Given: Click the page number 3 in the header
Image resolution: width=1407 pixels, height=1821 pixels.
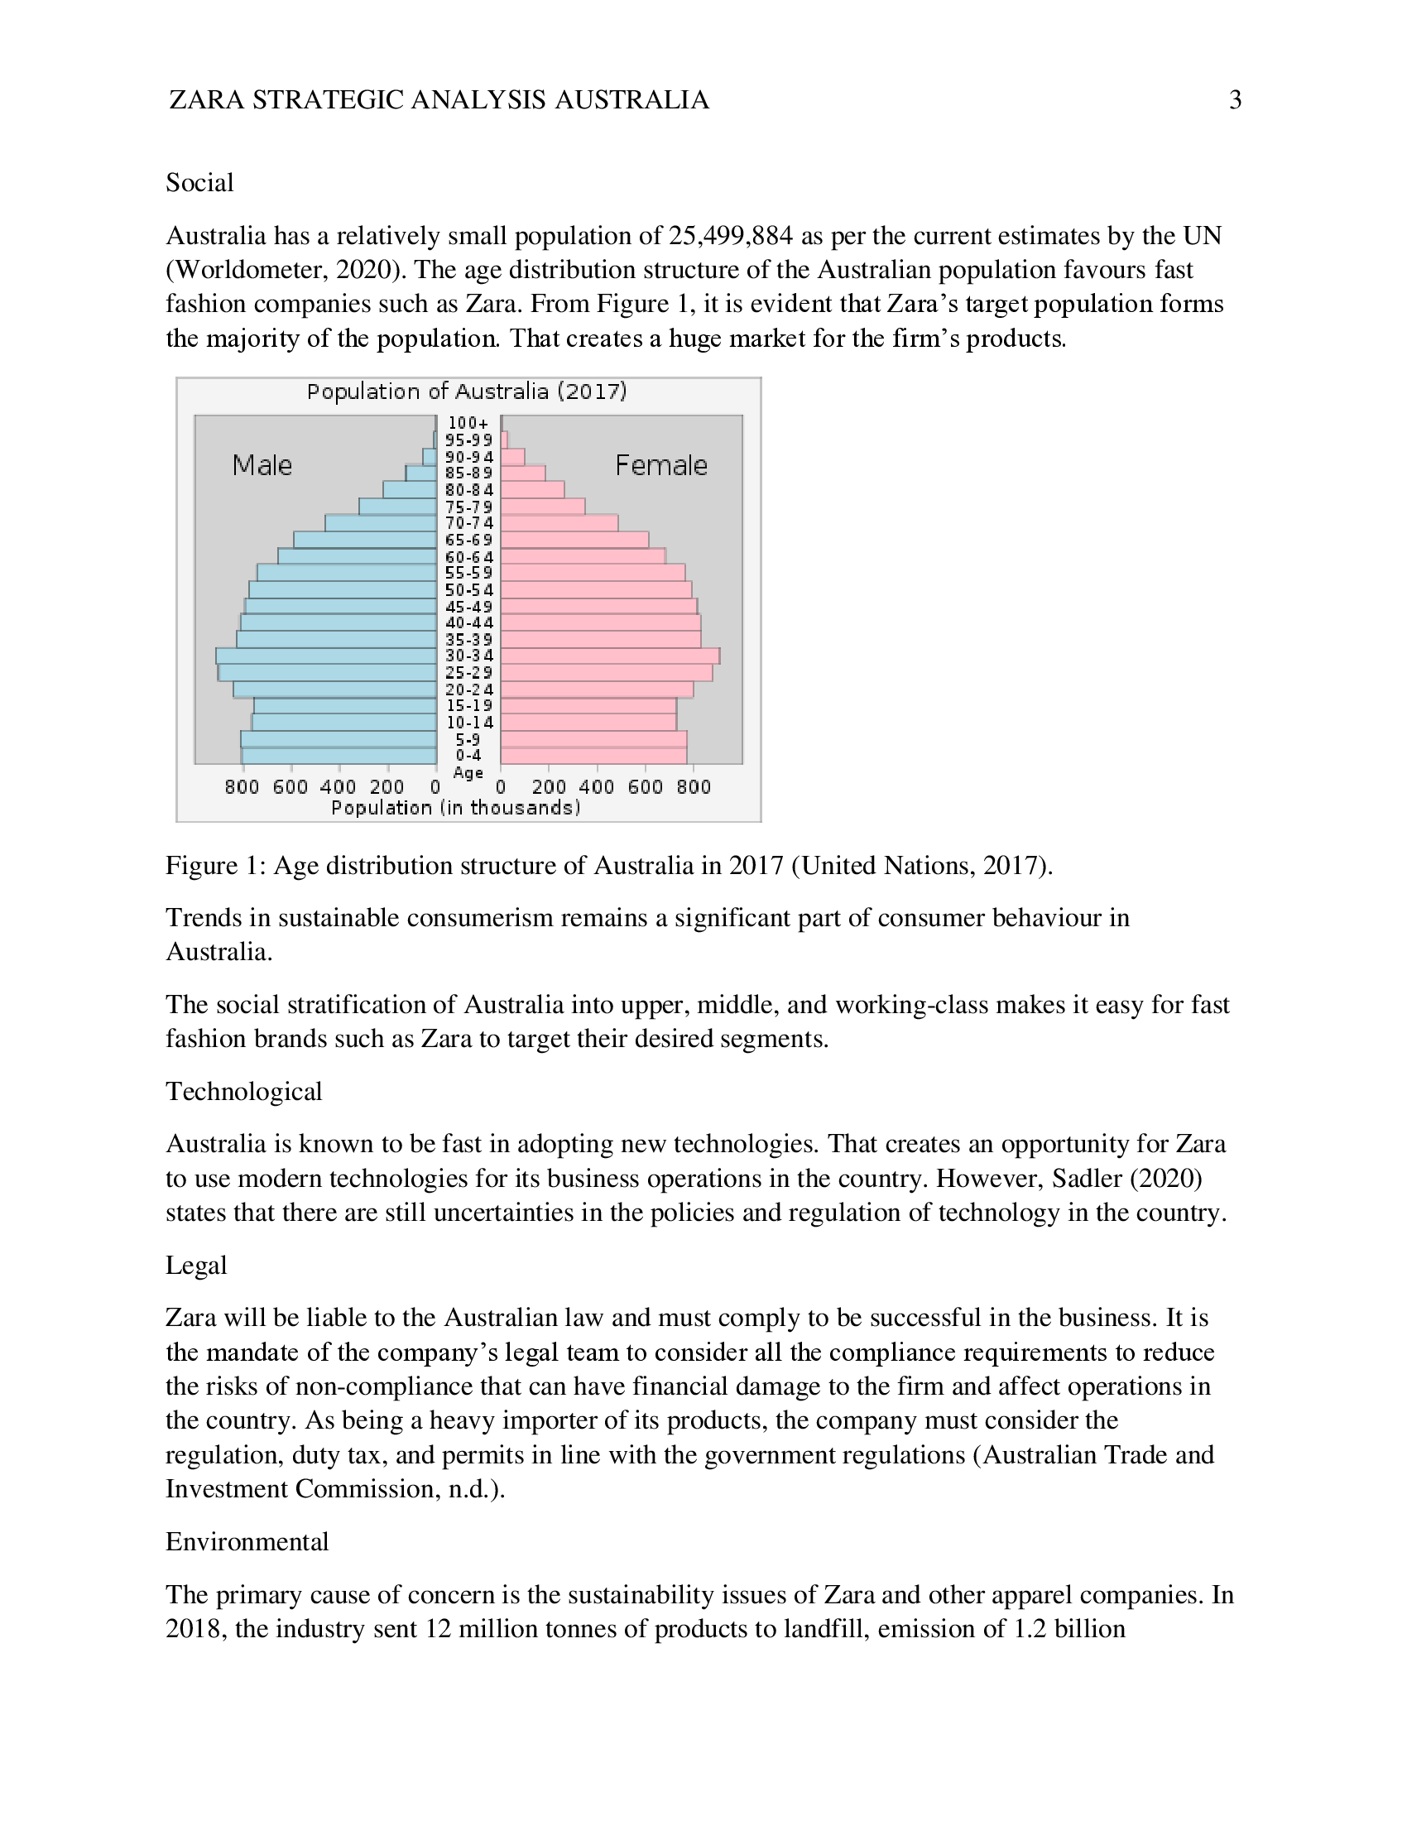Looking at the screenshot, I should pos(1235,100).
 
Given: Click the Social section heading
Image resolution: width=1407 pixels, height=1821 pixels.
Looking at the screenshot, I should pos(199,183).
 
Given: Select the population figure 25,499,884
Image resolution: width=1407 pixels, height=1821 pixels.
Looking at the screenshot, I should pos(730,236).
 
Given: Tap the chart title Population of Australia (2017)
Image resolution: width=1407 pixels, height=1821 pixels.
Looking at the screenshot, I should pos(467,391).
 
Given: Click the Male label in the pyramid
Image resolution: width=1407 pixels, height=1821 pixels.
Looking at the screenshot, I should pos(262,464).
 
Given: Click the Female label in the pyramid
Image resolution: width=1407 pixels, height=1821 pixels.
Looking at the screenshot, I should pos(661,464).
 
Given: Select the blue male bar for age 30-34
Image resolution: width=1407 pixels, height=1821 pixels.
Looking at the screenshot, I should pos(326,656).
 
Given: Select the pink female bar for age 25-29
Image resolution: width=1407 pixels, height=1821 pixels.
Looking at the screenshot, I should pos(606,673).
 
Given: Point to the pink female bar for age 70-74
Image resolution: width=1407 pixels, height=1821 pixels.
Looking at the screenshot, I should pos(559,523).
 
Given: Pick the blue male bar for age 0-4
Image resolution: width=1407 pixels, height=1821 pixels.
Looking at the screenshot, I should pos(339,756).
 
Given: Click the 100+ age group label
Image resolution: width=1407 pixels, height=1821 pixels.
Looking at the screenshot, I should pos(468,423).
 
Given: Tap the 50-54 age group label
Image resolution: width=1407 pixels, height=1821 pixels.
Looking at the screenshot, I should pos(468,589).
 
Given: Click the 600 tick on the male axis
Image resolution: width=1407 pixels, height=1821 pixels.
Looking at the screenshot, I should pos(290,786).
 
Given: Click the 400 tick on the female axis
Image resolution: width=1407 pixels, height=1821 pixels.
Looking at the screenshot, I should pos(597,786).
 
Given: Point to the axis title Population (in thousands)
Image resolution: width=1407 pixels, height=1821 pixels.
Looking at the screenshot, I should pos(455,807).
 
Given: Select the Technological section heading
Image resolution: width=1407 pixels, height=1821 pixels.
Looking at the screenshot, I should pos(243,1092).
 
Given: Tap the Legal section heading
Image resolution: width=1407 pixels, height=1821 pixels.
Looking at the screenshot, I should pos(196,1265).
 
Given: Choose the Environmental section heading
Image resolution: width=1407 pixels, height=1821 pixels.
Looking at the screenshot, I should pos(247,1542).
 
